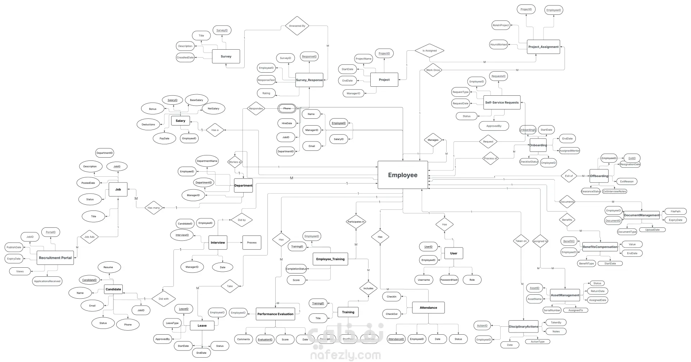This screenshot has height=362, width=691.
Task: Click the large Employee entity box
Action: [402, 175]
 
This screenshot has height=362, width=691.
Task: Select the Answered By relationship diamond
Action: [297, 26]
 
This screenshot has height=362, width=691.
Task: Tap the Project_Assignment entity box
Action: [543, 47]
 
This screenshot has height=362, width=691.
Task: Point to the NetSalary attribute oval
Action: [213, 108]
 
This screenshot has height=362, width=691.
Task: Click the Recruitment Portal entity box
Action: [55, 258]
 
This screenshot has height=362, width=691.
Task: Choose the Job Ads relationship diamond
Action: [89, 237]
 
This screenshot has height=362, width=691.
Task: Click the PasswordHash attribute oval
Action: [449, 280]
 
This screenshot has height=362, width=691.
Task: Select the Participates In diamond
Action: [356, 222]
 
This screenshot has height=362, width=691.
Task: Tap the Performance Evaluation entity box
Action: [275, 314]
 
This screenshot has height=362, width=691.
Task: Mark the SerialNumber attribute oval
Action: [552, 310]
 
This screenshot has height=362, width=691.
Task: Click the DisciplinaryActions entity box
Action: [523, 327]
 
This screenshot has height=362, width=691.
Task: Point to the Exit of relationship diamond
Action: [569, 176]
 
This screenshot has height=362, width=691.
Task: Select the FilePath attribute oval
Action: [676, 212]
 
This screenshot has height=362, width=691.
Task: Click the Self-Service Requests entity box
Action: [502, 103]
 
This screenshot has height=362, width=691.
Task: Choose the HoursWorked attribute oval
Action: [498, 45]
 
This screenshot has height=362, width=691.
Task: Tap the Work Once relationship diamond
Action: [433, 70]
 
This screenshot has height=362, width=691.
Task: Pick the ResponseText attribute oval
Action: [266, 80]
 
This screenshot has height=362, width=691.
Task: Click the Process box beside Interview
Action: [252, 243]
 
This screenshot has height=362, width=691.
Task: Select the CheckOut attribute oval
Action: [392, 314]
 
